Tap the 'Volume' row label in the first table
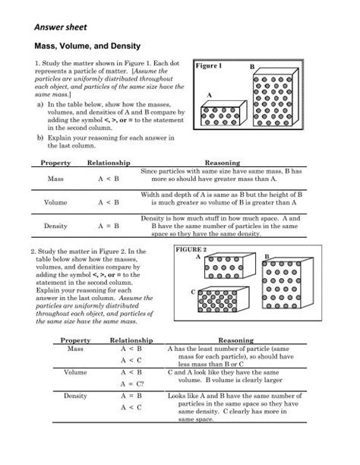[x=55, y=203]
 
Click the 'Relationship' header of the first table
[x=109, y=163]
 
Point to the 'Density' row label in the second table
[x=76, y=397]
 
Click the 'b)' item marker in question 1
[x=40, y=138]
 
